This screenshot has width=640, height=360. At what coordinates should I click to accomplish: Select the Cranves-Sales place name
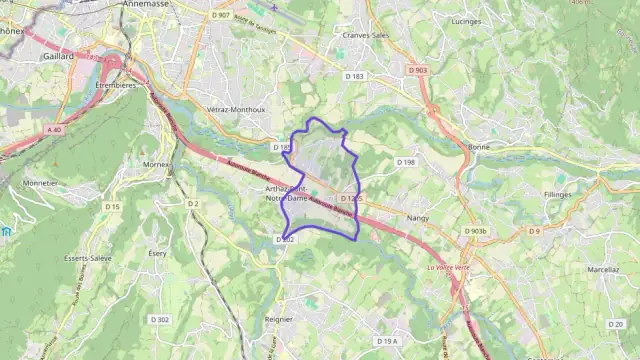click(366, 35)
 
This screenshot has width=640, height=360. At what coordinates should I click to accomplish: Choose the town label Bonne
click(478, 147)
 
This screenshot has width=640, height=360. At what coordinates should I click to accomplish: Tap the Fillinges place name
click(558, 194)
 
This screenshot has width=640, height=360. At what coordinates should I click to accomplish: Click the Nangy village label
click(418, 217)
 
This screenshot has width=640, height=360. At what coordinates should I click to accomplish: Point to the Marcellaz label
click(604, 269)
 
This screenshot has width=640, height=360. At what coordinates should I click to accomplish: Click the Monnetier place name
click(40, 184)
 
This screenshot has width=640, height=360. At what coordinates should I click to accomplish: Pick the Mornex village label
click(157, 163)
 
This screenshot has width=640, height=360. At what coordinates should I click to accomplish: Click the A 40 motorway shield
click(54, 130)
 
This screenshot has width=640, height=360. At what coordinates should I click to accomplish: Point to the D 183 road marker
click(354, 76)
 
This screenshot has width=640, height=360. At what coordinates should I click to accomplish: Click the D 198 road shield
click(405, 162)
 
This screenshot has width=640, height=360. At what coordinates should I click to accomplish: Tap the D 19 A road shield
click(388, 342)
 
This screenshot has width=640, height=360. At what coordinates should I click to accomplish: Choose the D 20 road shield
click(615, 325)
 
